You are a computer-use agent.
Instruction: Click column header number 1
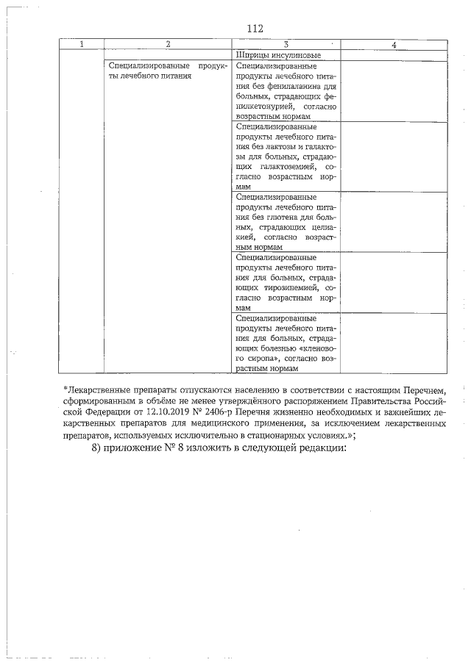pyautogui.click(x=81, y=45)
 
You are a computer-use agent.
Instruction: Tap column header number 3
pyautogui.click(x=286, y=45)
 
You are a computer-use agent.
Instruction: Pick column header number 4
pyautogui.click(x=394, y=45)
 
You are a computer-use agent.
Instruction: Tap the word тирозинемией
pyautogui.click(x=288, y=289)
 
